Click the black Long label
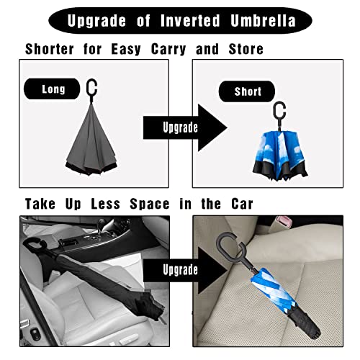pyautogui.click(x=53, y=89)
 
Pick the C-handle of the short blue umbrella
pyautogui.click(x=279, y=111)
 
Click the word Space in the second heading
pyautogui.click(x=140, y=204)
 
